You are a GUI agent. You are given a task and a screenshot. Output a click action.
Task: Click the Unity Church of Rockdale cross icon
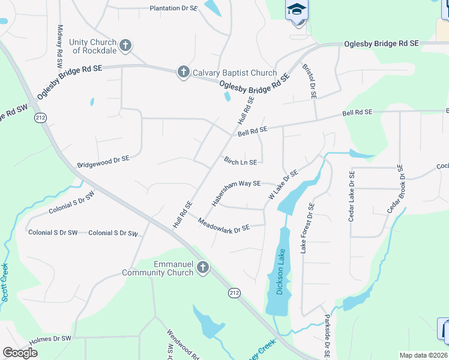coord(125,45)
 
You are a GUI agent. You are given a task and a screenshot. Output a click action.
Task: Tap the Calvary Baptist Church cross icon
coord(183,73)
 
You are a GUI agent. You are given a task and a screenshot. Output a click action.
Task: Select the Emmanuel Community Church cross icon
coord(203,268)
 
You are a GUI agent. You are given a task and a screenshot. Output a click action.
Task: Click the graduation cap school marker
coord(296,10)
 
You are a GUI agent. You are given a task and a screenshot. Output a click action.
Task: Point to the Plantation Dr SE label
coord(173,8)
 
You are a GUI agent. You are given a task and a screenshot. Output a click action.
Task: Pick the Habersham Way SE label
coord(236,192)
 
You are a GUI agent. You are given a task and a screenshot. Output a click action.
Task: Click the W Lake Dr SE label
coord(283,185)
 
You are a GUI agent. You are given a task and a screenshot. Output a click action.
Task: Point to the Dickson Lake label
coord(279,272)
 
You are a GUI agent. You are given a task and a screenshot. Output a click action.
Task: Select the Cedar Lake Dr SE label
coord(352,196)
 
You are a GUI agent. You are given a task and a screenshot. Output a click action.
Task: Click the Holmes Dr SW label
coord(50,339)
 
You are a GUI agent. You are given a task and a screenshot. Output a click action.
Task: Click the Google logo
coord(20,353)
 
